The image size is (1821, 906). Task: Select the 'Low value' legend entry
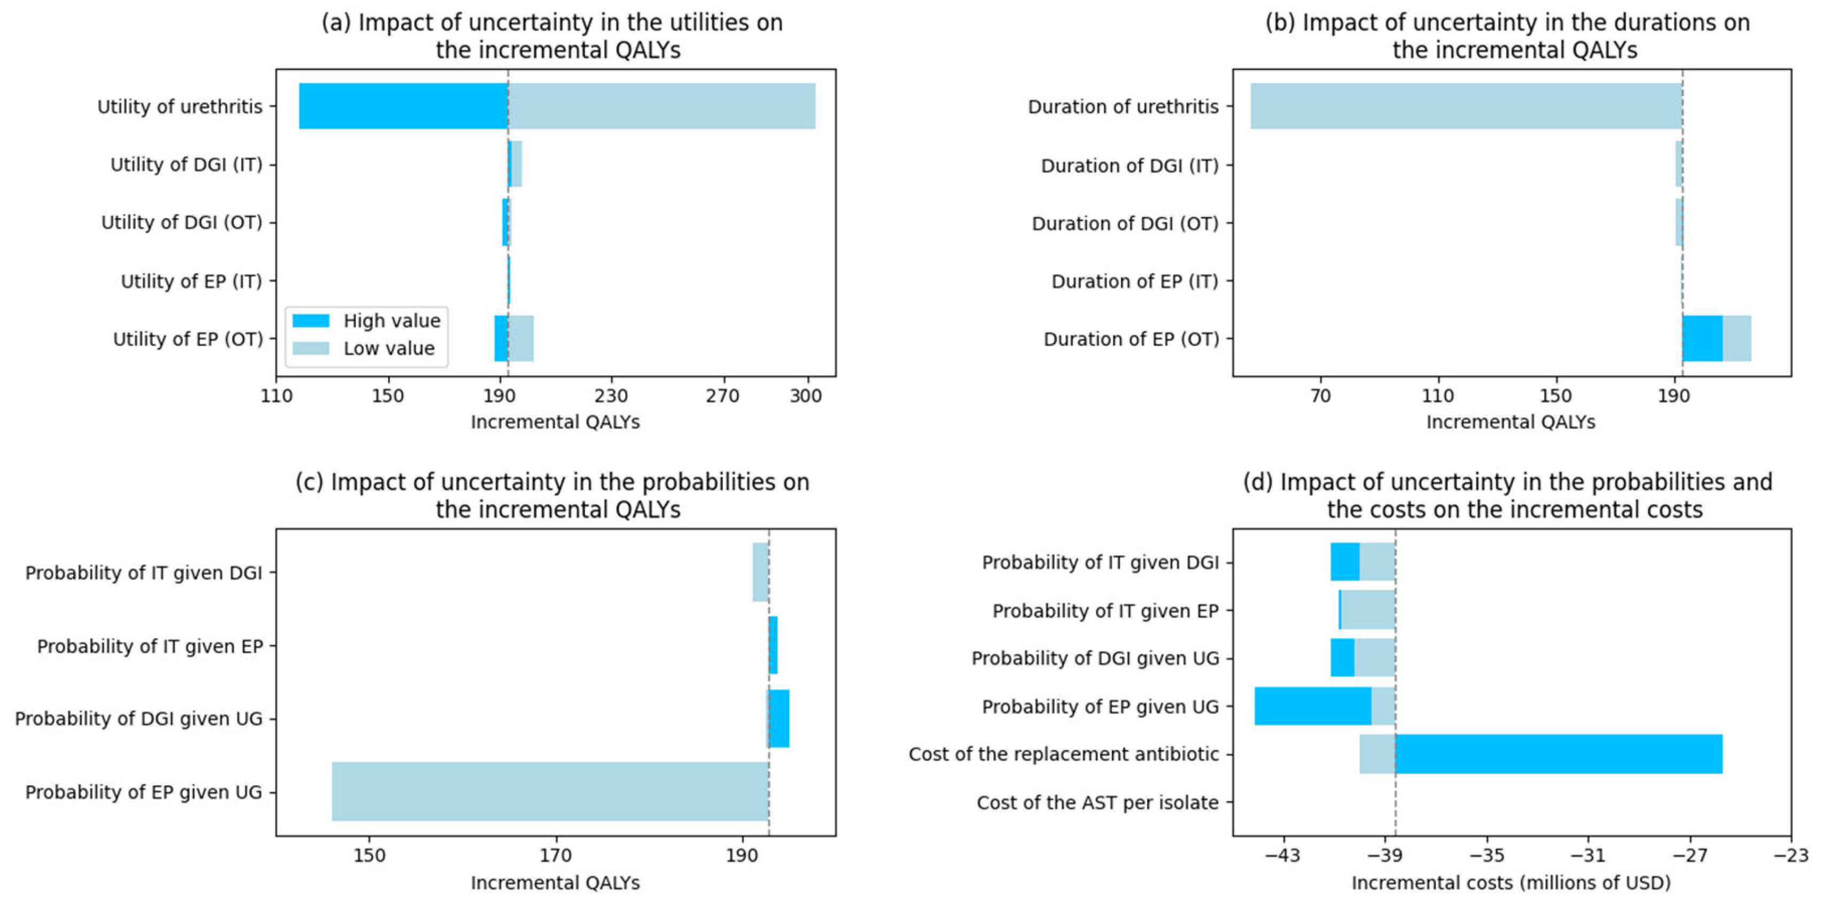coord(363,348)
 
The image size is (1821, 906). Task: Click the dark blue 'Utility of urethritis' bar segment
coord(403,106)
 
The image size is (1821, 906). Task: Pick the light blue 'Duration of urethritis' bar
coord(1466,106)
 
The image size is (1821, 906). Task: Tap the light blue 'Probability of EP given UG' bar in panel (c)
coord(550,792)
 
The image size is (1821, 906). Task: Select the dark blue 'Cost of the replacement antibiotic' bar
coord(1559,754)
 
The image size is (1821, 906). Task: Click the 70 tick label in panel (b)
coord(1320,396)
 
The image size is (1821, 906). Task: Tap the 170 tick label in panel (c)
coord(556,856)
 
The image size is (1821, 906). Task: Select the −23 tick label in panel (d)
coord(1791,856)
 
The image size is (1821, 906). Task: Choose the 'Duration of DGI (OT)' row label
coord(1125,223)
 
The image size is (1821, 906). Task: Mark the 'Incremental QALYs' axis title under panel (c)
coord(556,882)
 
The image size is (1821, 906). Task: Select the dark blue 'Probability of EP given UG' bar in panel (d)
coord(1313,706)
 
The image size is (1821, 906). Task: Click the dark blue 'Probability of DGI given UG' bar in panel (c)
coord(779,718)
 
